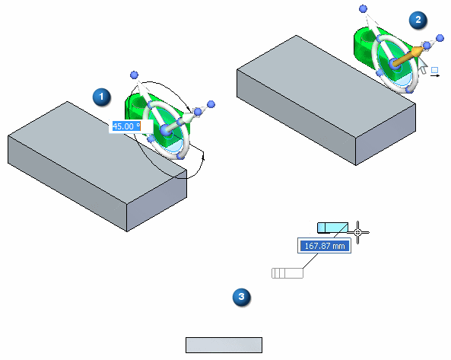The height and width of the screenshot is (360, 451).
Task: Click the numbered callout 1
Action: tap(102, 97)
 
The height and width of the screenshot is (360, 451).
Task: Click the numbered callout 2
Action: tap(418, 20)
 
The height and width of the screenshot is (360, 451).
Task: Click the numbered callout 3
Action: tap(241, 297)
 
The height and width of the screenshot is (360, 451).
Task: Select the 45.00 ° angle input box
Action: tap(131, 126)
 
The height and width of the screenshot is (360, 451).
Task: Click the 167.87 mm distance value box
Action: tap(325, 246)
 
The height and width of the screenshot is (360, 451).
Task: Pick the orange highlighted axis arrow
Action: tap(408, 56)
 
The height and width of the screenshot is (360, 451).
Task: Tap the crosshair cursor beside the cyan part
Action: tap(357, 232)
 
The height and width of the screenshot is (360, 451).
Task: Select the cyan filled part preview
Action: tap(333, 228)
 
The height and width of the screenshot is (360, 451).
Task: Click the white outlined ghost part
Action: tap(287, 273)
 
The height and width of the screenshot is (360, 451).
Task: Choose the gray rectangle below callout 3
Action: tap(224, 345)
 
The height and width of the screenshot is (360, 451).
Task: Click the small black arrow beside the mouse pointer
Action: tap(435, 75)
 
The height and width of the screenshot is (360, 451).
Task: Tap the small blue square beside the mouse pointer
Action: tap(434, 70)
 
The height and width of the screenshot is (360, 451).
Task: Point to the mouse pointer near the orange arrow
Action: tap(422, 65)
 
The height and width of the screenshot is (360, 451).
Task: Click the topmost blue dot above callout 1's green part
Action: tap(134, 75)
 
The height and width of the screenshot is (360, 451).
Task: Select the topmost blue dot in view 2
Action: tap(364, 9)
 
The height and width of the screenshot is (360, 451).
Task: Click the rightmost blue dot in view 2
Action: tap(440, 38)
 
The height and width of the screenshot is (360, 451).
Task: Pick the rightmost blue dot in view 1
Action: tap(211, 104)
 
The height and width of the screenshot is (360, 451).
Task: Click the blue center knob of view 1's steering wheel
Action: tap(165, 130)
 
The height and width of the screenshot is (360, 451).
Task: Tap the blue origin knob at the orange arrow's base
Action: tap(394, 65)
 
